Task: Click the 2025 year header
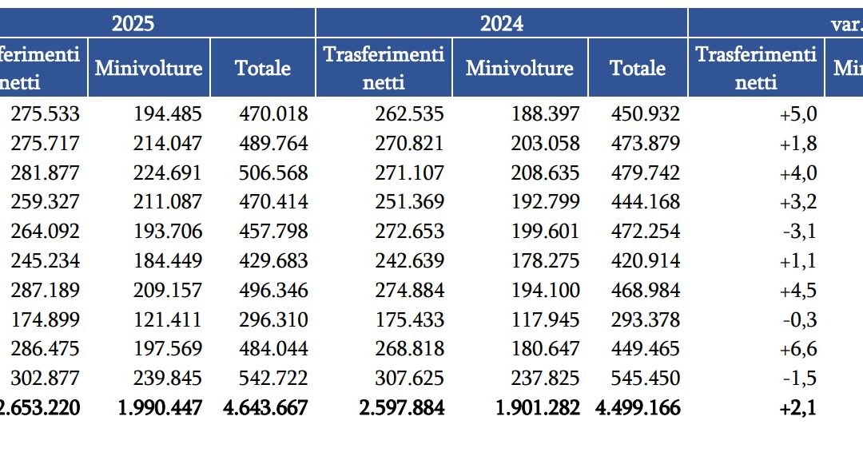[133, 23]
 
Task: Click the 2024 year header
[502, 23]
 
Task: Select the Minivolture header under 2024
[519, 68]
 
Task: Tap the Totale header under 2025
[263, 68]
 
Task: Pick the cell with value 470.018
[273, 114]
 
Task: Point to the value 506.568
[273, 173]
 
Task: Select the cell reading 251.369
[410, 202]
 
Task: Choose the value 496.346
[273, 291]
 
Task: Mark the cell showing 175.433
[410, 320]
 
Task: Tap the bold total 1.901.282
[538, 408]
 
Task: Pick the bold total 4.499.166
[638, 408]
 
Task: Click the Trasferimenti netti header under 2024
[384, 68]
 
